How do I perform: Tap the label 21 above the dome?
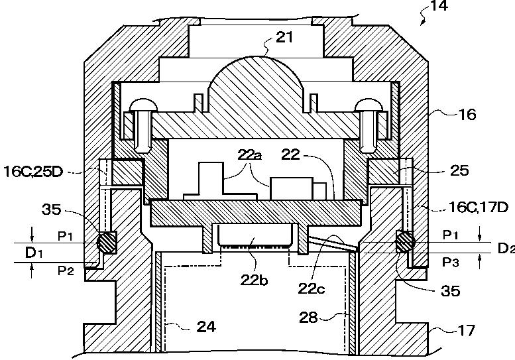tap(284, 37)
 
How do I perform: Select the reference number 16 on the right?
tap(467, 114)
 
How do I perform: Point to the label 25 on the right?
tap(459, 170)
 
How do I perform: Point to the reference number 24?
tap(205, 326)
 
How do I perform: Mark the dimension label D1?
tap(33, 253)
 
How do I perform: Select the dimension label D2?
tap(505, 248)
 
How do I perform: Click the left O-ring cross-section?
tap(105, 243)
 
